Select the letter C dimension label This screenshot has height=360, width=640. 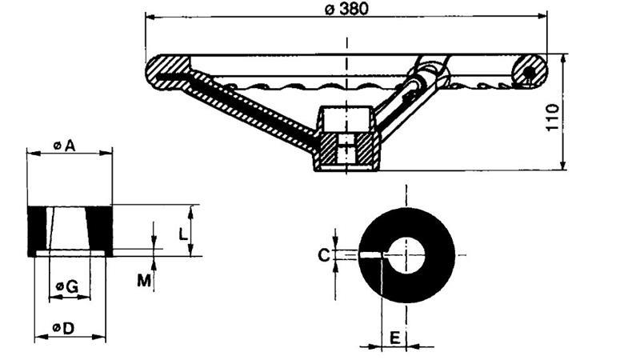(x=323, y=255)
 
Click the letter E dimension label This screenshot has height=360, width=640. (x=394, y=337)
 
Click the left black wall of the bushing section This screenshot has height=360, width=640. (x=38, y=230)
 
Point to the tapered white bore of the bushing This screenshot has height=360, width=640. (x=69, y=230)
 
